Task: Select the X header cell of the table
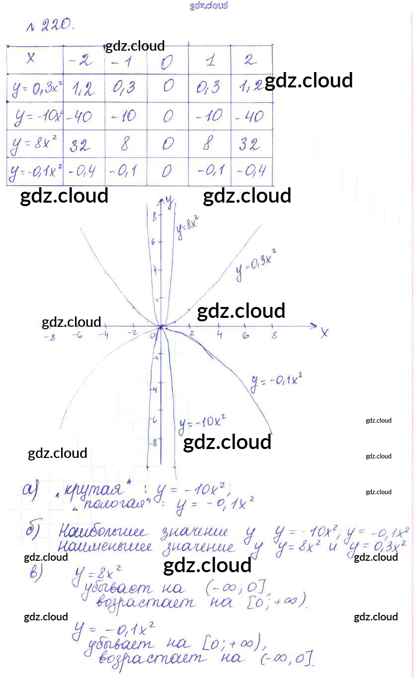[x=31, y=59]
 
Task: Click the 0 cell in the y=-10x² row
[x=168, y=117]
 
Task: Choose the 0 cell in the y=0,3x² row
[x=168, y=87]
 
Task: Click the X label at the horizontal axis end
[x=324, y=333]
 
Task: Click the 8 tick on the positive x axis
[x=274, y=336]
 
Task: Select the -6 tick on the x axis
[x=77, y=335]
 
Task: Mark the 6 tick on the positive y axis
[x=154, y=242]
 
